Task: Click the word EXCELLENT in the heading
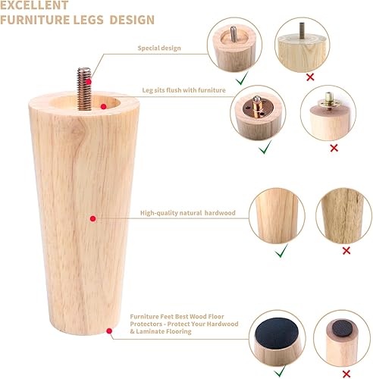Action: point(39,6)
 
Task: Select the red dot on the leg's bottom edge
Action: point(111,330)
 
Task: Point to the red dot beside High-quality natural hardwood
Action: point(92,218)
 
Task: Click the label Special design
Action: point(159,48)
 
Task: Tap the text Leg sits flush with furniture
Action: point(184,90)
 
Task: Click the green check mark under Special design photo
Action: point(240,78)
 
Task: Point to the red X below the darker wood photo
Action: point(346,250)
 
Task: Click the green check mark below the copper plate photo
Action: point(265,149)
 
